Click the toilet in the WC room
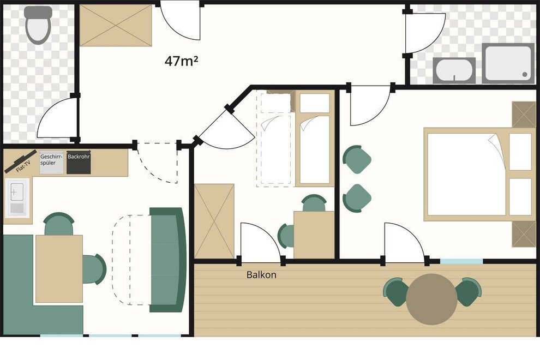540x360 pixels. (38, 25)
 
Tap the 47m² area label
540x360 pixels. (181, 61)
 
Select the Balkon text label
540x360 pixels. (261, 274)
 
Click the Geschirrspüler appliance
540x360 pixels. (51, 162)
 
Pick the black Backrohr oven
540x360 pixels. (79, 162)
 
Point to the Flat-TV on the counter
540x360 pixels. (21, 161)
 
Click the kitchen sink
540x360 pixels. (16, 198)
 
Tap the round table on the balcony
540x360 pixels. (431, 299)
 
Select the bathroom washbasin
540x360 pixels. (454, 70)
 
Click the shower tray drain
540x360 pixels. (525, 74)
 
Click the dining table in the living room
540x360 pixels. (59, 269)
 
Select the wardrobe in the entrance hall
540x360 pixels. (116, 25)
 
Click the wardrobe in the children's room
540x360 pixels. (214, 221)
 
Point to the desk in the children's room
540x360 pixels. (314, 235)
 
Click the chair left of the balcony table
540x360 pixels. (396, 292)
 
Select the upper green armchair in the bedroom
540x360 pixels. (357, 159)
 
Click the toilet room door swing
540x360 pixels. (57, 117)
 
